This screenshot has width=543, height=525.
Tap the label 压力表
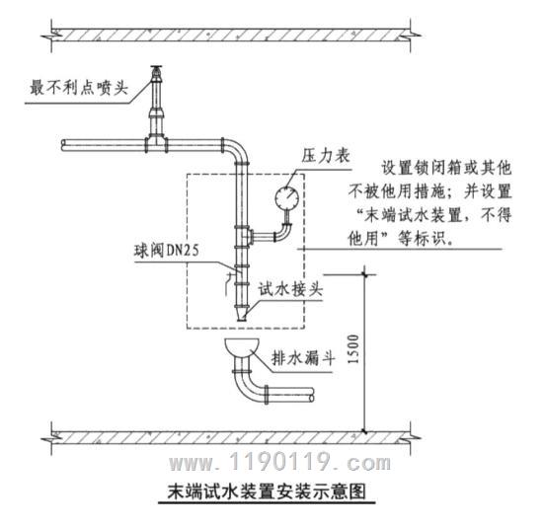click(326, 156)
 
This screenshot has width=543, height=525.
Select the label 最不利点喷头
click(79, 87)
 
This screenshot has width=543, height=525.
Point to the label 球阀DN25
click(167, 250)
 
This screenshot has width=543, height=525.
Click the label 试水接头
click(290, 289)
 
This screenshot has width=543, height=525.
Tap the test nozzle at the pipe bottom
click(241, 314)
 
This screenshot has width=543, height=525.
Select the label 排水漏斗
click(303, 358)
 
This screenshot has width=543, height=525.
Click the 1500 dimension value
click(353, 348)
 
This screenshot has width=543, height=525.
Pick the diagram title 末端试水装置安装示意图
click(267, 491)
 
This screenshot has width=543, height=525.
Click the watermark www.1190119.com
click(279, 462)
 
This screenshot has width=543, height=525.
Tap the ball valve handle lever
click(228, 281)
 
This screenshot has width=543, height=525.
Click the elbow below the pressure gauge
click(284, 232)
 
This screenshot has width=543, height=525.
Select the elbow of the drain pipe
click(247, 385)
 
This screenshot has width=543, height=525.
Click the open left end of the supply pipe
click(64, 145)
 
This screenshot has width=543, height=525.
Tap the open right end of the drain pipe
click(311, 395)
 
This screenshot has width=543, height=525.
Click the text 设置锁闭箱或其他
click(446, 168)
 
